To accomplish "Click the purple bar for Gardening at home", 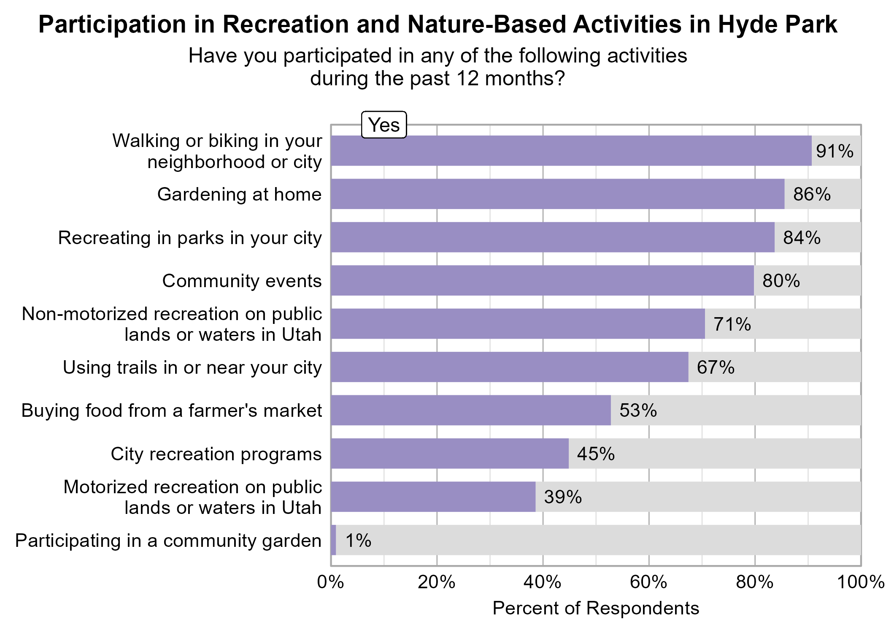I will point(557,194).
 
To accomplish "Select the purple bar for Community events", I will point(542,280).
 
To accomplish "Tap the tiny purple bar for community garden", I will point(333,540).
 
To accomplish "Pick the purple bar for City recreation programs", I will point(449,454).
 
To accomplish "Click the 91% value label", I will point(835,151).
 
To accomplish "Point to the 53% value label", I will point(638,410).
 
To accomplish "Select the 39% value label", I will point(563,497).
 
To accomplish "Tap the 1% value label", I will point(358,541).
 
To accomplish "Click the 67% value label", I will point(716,367).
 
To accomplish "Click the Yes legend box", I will point(384,125).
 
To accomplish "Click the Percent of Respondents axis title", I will point(595,609).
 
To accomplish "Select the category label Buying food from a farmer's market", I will point(171,410).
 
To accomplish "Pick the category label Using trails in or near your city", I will point(192,367).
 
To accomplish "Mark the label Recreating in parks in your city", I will point(189,238).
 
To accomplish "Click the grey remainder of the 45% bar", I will point(713,454).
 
